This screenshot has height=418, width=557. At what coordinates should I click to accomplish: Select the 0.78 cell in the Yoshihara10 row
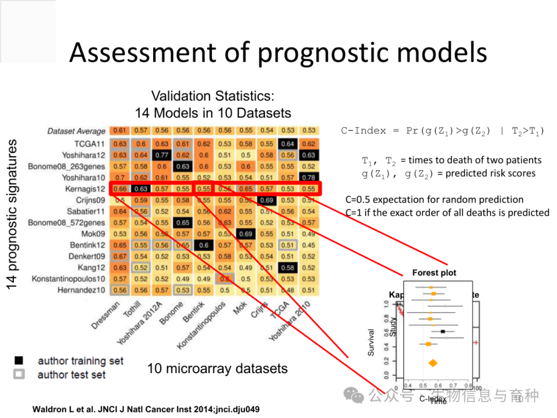coord(309,178)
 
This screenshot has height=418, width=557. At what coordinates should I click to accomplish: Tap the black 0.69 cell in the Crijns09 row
coord(267,200)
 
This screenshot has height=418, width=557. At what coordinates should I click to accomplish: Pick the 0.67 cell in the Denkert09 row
coord(120,256)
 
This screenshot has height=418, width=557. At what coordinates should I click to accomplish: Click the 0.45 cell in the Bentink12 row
coord(309,245)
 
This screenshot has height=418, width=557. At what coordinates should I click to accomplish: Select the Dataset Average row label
coord(76,131)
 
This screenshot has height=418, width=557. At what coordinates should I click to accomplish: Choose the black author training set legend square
coord(19,361)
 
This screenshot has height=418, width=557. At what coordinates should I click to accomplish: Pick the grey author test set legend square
coord(19,374)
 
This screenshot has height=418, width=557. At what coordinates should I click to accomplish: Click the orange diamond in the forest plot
coord(432,363)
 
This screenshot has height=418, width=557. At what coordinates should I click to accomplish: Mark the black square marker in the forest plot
coord(442,331)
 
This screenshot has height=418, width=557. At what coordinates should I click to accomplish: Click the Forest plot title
coord(434,272)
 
